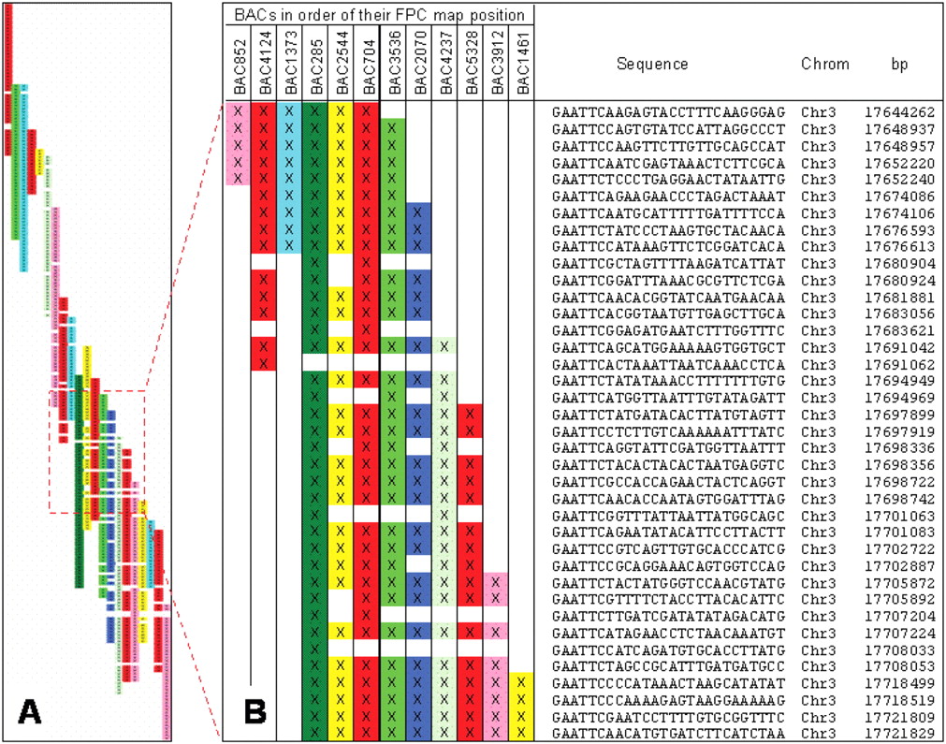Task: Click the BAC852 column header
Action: click(x=239, y=65)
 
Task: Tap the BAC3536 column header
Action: click(x=394, y=65)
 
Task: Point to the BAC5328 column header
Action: click(x=472, y=65)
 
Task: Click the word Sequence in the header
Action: click(x=652, y=65)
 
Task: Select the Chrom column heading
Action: click(x=825, y=65)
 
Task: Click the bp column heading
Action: click(x=898, y=65)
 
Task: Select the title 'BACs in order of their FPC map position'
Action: click(x=380, y=15)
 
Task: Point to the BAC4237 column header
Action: click(x=445, y=65)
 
